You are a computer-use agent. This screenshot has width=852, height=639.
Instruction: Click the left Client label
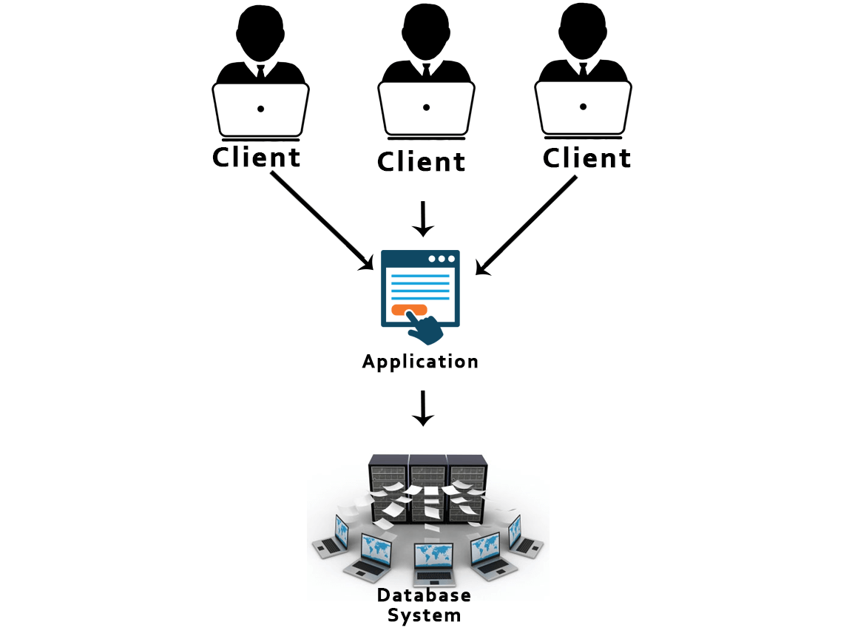tap(257, 158)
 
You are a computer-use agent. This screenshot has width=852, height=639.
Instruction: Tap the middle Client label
tap(422, 162)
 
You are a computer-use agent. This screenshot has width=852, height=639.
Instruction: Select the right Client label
tap(586, 158)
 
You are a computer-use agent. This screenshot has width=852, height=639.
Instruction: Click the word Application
tap(420, 362)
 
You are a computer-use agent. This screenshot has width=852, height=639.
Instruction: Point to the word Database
tap(424, 595)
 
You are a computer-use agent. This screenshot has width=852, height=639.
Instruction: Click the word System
tap(425, 615)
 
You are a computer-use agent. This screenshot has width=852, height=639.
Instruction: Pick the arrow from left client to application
tap(323, 221)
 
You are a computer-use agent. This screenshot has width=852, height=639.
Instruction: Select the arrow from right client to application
tap(526, 225)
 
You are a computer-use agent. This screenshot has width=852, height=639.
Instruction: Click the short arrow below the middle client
tap(422, 218)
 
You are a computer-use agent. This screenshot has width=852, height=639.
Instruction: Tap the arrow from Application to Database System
tap(422, 408)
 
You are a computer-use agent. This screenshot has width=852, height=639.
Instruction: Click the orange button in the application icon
tap(409, 310)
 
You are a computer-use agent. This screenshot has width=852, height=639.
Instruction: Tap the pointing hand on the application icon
tap(424, 328)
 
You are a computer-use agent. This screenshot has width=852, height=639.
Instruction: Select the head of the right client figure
tap(584, 33)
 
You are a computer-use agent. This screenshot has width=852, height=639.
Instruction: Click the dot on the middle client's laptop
tap(426, 108)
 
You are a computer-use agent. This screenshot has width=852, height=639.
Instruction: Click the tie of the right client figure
tap(584, 70)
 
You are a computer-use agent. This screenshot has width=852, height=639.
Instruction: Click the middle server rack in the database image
tap(427, 488)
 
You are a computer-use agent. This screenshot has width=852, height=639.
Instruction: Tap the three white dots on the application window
tap(442, 259)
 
